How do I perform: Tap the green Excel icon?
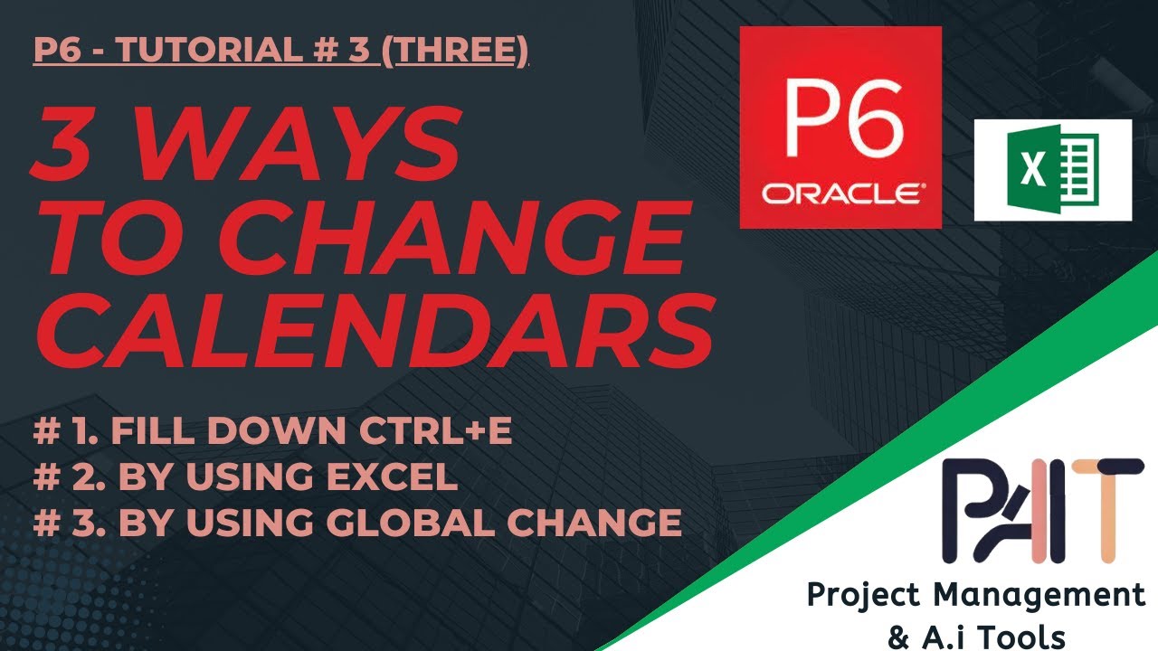(1052, 170)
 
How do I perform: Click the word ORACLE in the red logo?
(841, 193)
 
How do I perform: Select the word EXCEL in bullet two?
(400, 476)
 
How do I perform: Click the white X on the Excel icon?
(1030, 170)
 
